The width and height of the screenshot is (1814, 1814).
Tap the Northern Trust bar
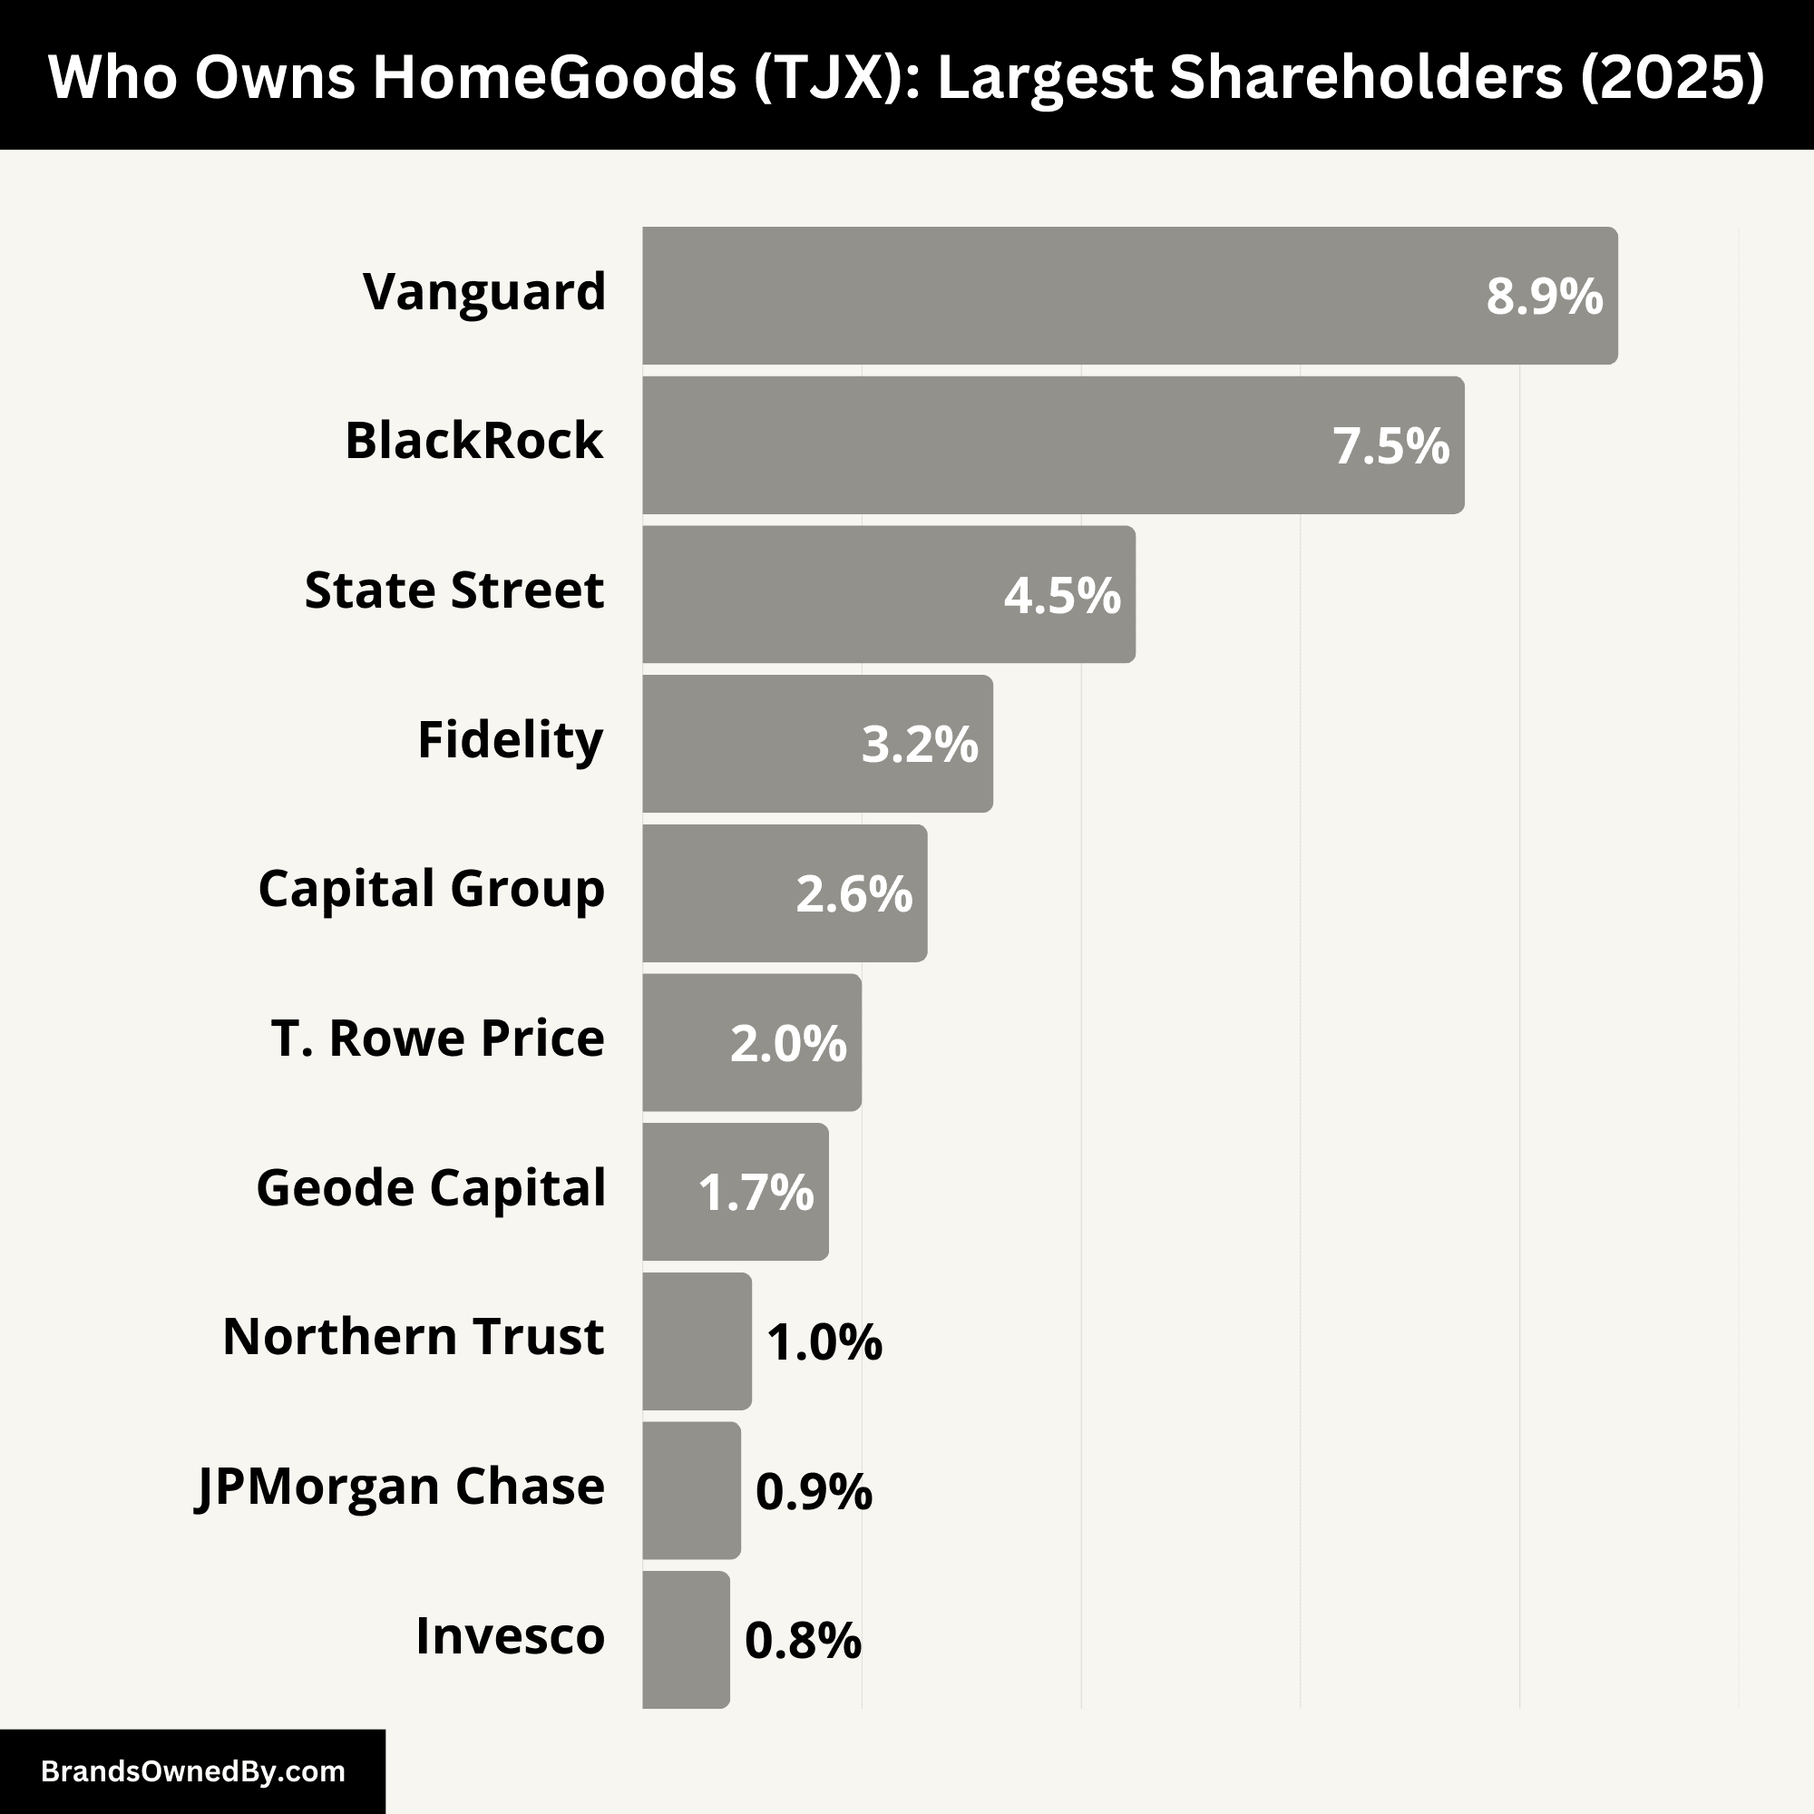(697, 1341)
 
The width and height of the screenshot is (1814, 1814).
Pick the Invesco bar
(686, 1639)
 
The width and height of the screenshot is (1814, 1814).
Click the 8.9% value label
(1544, 297)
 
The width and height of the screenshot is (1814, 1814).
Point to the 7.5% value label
(1390, 446)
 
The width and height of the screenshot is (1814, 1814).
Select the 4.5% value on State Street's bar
(1062, 595)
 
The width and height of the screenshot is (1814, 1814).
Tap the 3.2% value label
(919, 745)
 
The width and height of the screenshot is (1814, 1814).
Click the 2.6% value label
(853, 894)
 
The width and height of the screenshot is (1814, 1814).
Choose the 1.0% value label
(824, 1341)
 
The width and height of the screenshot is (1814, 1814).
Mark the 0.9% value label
(813, 1491)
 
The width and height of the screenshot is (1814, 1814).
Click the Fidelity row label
(510, 741)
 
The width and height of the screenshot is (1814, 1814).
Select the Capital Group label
(431, 889)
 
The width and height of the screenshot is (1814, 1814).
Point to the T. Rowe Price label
(437, 1039)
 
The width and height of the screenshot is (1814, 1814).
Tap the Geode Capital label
(431, 1189)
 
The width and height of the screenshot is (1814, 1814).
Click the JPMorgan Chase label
(400, 1487)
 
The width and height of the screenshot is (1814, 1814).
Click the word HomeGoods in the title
(554, 77)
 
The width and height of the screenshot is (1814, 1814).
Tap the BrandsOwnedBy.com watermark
(192, 1771)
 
